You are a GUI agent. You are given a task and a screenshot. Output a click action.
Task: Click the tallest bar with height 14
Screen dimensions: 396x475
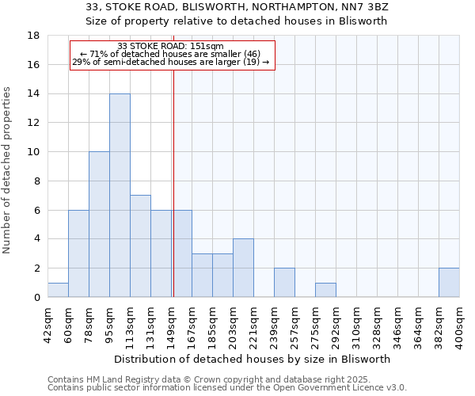coord(120,196)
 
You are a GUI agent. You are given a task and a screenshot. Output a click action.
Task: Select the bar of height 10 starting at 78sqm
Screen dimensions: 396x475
coord(99,224)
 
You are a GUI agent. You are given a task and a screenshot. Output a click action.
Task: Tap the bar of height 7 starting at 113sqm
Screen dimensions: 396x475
coord(140,246)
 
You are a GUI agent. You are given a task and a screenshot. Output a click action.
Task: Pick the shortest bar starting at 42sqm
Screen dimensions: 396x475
coord(58,290)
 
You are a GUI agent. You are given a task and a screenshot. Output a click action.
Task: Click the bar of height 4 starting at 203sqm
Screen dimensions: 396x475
coord(243,268)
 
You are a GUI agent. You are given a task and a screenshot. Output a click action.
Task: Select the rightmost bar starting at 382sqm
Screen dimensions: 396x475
coord(449,283)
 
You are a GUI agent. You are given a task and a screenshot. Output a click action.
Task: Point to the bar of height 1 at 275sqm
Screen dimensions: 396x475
coord(325,290)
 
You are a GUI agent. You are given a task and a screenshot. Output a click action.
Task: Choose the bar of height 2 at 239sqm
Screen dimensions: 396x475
coord(284,283)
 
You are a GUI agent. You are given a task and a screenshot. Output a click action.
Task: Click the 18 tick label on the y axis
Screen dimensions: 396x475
coord(34,36)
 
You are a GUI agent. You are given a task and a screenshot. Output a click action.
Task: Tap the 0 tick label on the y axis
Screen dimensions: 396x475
coord(37,298)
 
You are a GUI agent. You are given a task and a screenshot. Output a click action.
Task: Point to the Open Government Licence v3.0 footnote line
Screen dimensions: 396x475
coord(227,387)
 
